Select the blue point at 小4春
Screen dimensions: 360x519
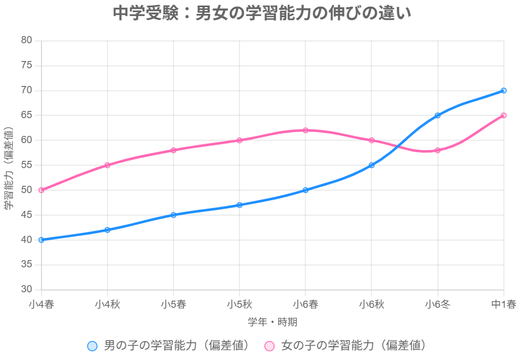pos(41,240)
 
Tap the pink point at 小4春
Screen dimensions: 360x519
pos(41,190)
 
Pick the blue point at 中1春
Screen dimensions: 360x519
pos(503,90)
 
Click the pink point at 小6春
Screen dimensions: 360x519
pos(306,130)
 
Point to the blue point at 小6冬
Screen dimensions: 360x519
pos(437,115)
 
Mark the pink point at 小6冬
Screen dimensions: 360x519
pos(437,150)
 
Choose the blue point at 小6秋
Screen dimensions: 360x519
pos(372,165)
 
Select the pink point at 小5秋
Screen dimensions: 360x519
pos(240,140)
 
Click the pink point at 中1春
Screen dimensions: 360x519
pos(503,115)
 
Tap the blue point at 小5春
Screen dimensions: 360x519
pos(174,215)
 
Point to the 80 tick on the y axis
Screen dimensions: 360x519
pos(27,40)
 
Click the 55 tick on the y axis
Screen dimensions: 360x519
pos(27,165)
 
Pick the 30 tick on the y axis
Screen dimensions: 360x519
pos(27,290)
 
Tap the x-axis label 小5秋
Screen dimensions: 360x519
pos(240,305)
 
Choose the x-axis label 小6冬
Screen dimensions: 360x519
pos(437,305)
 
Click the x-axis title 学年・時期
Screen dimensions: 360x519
pos(272,322)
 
